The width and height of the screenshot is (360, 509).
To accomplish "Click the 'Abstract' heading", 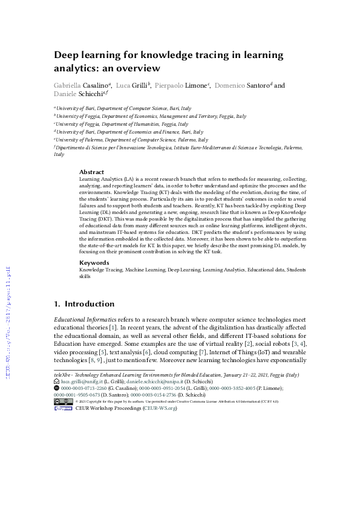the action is pos(91,172).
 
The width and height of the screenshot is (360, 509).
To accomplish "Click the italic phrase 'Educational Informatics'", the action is pos(82,318).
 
